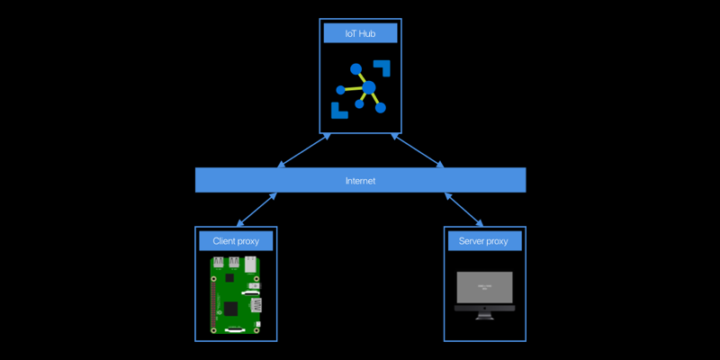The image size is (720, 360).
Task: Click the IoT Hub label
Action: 360,34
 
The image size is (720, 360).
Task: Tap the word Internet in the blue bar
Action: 360,181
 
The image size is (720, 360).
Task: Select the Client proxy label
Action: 235,240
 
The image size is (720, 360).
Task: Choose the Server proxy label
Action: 484,240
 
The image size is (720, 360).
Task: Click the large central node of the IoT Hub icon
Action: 368,87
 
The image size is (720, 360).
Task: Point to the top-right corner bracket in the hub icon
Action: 383,68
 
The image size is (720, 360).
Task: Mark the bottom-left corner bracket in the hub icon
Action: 338,111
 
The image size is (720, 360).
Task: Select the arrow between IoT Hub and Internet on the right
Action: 418,150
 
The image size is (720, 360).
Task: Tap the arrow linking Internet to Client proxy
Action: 255,210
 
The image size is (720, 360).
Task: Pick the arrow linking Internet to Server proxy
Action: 465,210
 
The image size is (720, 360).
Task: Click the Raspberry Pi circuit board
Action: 235,295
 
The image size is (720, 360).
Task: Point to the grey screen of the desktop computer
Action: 484,287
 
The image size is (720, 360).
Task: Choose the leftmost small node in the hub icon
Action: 340,90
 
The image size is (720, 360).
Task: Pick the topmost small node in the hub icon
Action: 356,68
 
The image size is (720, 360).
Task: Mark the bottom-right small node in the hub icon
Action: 381,108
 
